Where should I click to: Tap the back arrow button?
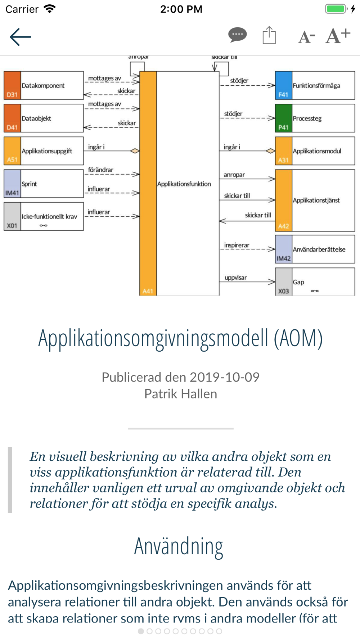[21, 37]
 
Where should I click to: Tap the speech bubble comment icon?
[238, 35]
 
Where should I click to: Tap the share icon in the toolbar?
[269, 35]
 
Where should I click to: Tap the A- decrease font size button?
[307, 37]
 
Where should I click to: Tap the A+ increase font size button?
[338, 36]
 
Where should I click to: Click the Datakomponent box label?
[43, 86]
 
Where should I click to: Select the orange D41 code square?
[12, 118]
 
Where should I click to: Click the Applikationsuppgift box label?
[47, 151]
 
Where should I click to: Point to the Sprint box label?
[30, 184]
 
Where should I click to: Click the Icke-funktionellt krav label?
[49, 216]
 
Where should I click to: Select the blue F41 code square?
[284, 85]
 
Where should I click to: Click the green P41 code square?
[284, 118]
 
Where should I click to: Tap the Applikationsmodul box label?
[317, 151]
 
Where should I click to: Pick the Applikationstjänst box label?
[316, 200]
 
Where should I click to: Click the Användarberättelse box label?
[319, 249]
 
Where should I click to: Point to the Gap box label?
[298, 282]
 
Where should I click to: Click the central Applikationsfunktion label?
[184, 184]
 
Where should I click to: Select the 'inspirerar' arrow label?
[237, 245]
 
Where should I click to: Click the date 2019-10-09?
[224, 377]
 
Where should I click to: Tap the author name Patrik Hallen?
[180, 394]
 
